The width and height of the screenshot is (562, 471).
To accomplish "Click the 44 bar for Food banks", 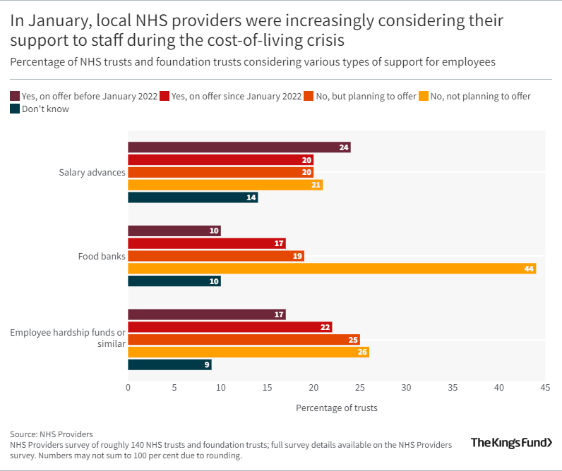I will point(332,269).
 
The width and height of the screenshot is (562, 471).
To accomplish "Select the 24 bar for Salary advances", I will point(239,147).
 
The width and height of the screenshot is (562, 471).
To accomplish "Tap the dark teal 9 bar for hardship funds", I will point(169,365).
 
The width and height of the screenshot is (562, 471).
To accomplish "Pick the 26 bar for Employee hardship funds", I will point(248,352).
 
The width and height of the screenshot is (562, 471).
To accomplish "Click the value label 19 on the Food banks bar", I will point(297,256).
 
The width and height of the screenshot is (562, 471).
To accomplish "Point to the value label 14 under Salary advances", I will point(251,197).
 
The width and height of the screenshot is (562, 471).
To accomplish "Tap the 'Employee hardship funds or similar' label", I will point(68,338).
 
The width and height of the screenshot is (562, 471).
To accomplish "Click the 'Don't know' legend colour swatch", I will point(15,109).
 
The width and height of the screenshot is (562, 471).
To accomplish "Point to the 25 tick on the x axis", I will point(360,388).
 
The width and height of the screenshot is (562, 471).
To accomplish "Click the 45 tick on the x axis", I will point(545,388).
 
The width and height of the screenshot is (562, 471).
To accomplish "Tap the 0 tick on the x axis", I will point(128,388).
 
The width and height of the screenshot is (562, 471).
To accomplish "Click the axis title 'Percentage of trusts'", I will point(336,408).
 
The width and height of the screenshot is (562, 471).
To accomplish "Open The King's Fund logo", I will point(511,443).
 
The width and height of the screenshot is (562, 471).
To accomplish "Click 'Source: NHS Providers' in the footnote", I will point(52,434).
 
